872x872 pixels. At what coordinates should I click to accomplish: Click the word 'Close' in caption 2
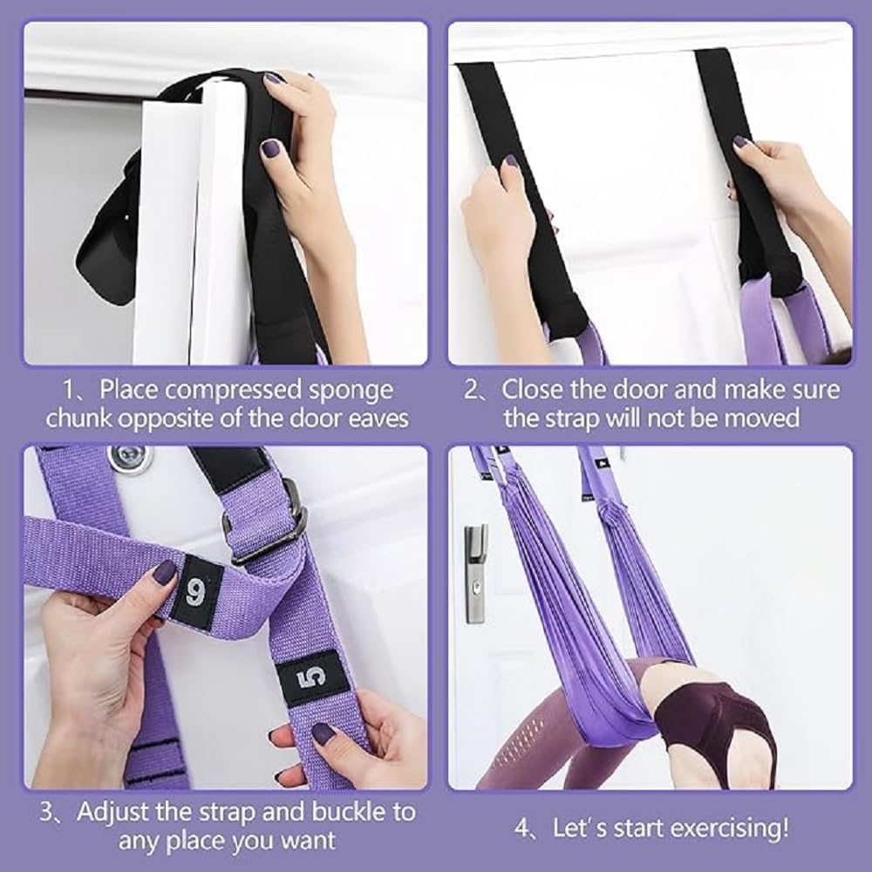[539, 389]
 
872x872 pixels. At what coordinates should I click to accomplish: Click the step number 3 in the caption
[49, 812]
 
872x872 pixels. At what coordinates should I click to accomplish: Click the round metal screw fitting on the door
[129, 458]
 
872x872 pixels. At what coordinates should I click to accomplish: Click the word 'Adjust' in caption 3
[115, 812]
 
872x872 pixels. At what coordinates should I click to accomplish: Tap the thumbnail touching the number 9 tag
[165, 573]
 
